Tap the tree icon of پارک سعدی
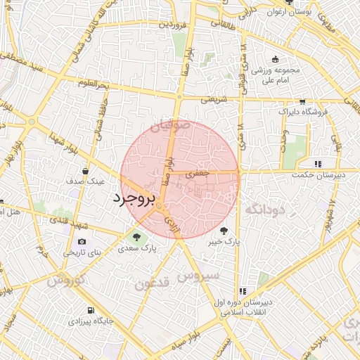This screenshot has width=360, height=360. coord(136,236)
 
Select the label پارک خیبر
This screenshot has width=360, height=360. coord(224,241)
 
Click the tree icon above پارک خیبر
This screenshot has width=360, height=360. coord(224,229)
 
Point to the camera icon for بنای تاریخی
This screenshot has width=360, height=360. coord(82,241)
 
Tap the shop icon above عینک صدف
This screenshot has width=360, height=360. coord(86,171)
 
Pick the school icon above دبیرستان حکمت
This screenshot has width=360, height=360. coord(318,165)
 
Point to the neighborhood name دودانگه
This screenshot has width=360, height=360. coord(265,209)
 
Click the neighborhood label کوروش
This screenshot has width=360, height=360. coord(67,280)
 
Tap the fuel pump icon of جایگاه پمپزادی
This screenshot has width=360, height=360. coord(91,310)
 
